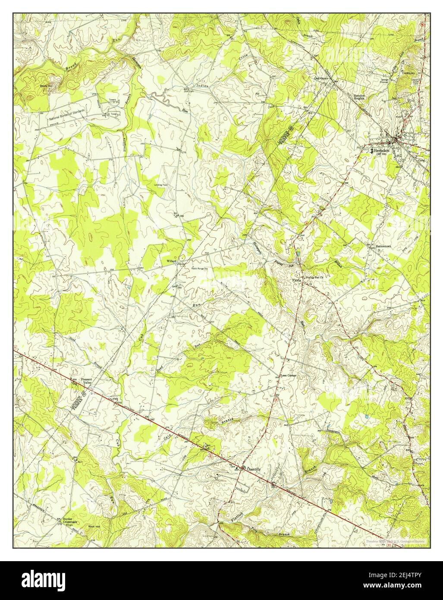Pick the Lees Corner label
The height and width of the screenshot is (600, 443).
click(289, 376)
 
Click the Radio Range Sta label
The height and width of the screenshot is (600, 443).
click(200, 268)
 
